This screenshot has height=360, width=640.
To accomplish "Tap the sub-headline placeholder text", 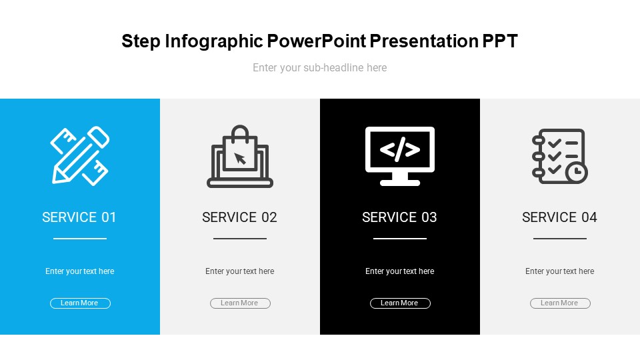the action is pyautogui.click(x=319, y=67).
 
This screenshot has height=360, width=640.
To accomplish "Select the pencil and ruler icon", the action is pyautogui.click(x=79, y=155).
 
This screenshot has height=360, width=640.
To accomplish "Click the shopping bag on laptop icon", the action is pyautogui.click(x=240, y=156).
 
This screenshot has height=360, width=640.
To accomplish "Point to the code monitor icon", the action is pyautogui.click(x=400, y=156).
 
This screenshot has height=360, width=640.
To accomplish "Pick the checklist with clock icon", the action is pyautogui.click(x=559, y=156).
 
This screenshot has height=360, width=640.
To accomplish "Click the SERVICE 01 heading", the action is pyautogui.click(x=79, y=217).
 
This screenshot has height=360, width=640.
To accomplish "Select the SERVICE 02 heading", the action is pyautogui.click(x=239, y=217).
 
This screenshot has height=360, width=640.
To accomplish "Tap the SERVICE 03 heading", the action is pyautogui.click(x=399, y=217).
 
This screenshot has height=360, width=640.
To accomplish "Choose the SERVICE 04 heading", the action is pyautogui.click(x=559, y=217).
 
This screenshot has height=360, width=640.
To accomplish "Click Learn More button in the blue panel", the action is pyautogui.click(x=80, y=303).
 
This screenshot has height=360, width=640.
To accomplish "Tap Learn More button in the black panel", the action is pyautogui.click(x=400, y=303).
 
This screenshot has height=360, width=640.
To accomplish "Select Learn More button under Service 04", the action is pyautogui.click(x=560, y=303).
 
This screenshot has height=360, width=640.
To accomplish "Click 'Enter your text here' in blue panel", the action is pyautogui.click(x=79, y=271).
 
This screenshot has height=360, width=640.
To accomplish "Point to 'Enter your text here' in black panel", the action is pyautogui.click(x=399, y=271).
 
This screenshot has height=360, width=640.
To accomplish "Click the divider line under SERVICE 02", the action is pyautogui.click(x=240, y=239).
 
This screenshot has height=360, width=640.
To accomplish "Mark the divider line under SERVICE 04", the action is pyautogui.click(x=560, y=239).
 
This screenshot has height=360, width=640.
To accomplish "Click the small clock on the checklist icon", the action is pyautogui.click(x=576, y=173).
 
